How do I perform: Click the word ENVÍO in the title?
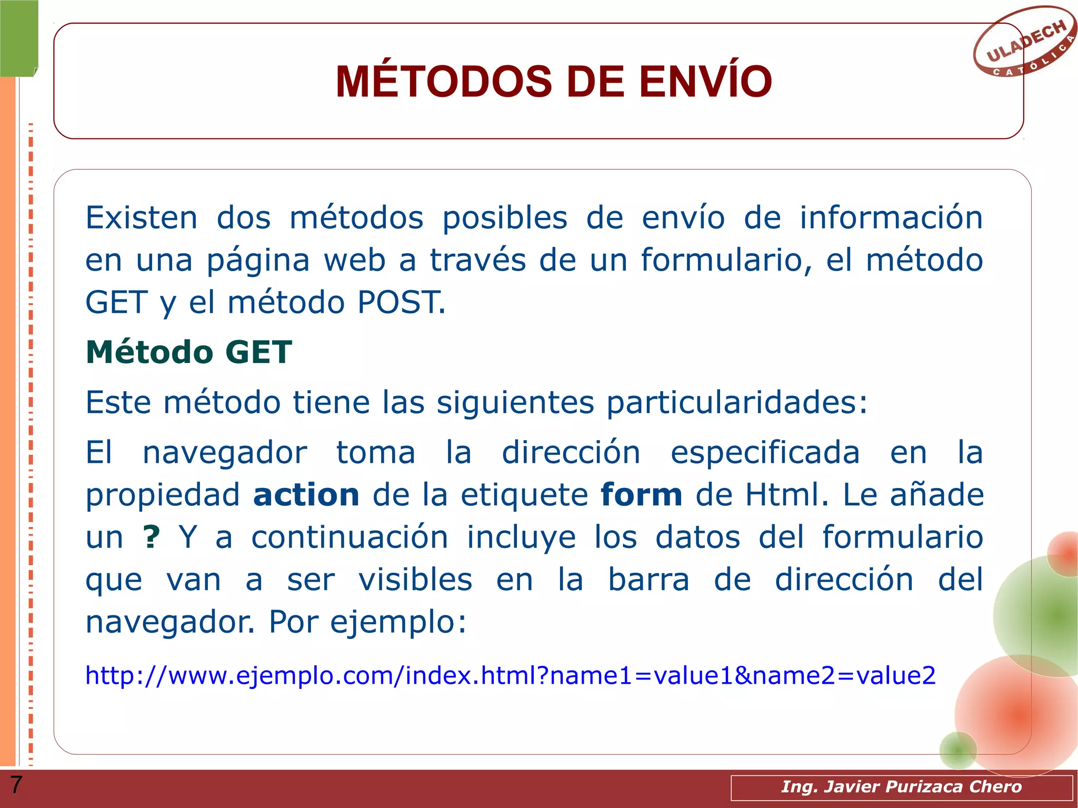point(705,82)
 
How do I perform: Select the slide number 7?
point(16,785)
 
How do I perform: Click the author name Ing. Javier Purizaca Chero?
point(901,787)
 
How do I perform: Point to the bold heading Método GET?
point(188,352)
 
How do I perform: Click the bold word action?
point(306,495)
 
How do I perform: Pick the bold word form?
point(641,495)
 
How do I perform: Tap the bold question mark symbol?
point(151,537)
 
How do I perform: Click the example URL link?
point(510,675)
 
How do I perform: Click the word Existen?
point(141,218)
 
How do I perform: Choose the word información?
point(891,218)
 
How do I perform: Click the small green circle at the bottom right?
point(957,750)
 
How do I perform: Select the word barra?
point(648,580)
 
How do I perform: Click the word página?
point(258,261)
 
